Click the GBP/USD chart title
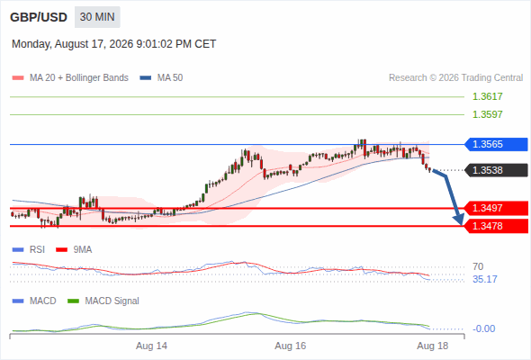click(x=39, y=17)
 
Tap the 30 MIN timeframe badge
click(x=97, y=17)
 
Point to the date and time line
click(x=113, y=44)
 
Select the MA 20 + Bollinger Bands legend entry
click(x=70, y=78)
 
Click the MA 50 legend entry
click(x=161, y=78)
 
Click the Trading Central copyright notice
click(x=455, y=78)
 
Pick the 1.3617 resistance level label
click(x=487, y=96)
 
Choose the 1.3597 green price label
click(x=487, y=114)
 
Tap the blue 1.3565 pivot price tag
click(x=496, y=144)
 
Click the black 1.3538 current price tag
click(x=496, y=170)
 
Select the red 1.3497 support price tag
click(x=496, y=208)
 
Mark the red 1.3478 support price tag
click(x=496, y=226)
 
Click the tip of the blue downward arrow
click(x=461, y=224)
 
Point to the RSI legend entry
click(x=29, y=250)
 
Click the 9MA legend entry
click(x=74, y=250)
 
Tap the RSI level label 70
click(x=478, y=266)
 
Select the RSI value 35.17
click(x=485, y=279)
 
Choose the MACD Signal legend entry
click(x=103, y=301)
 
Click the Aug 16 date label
click(x=290, y=346)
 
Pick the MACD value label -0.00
click(x=483, y=328)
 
